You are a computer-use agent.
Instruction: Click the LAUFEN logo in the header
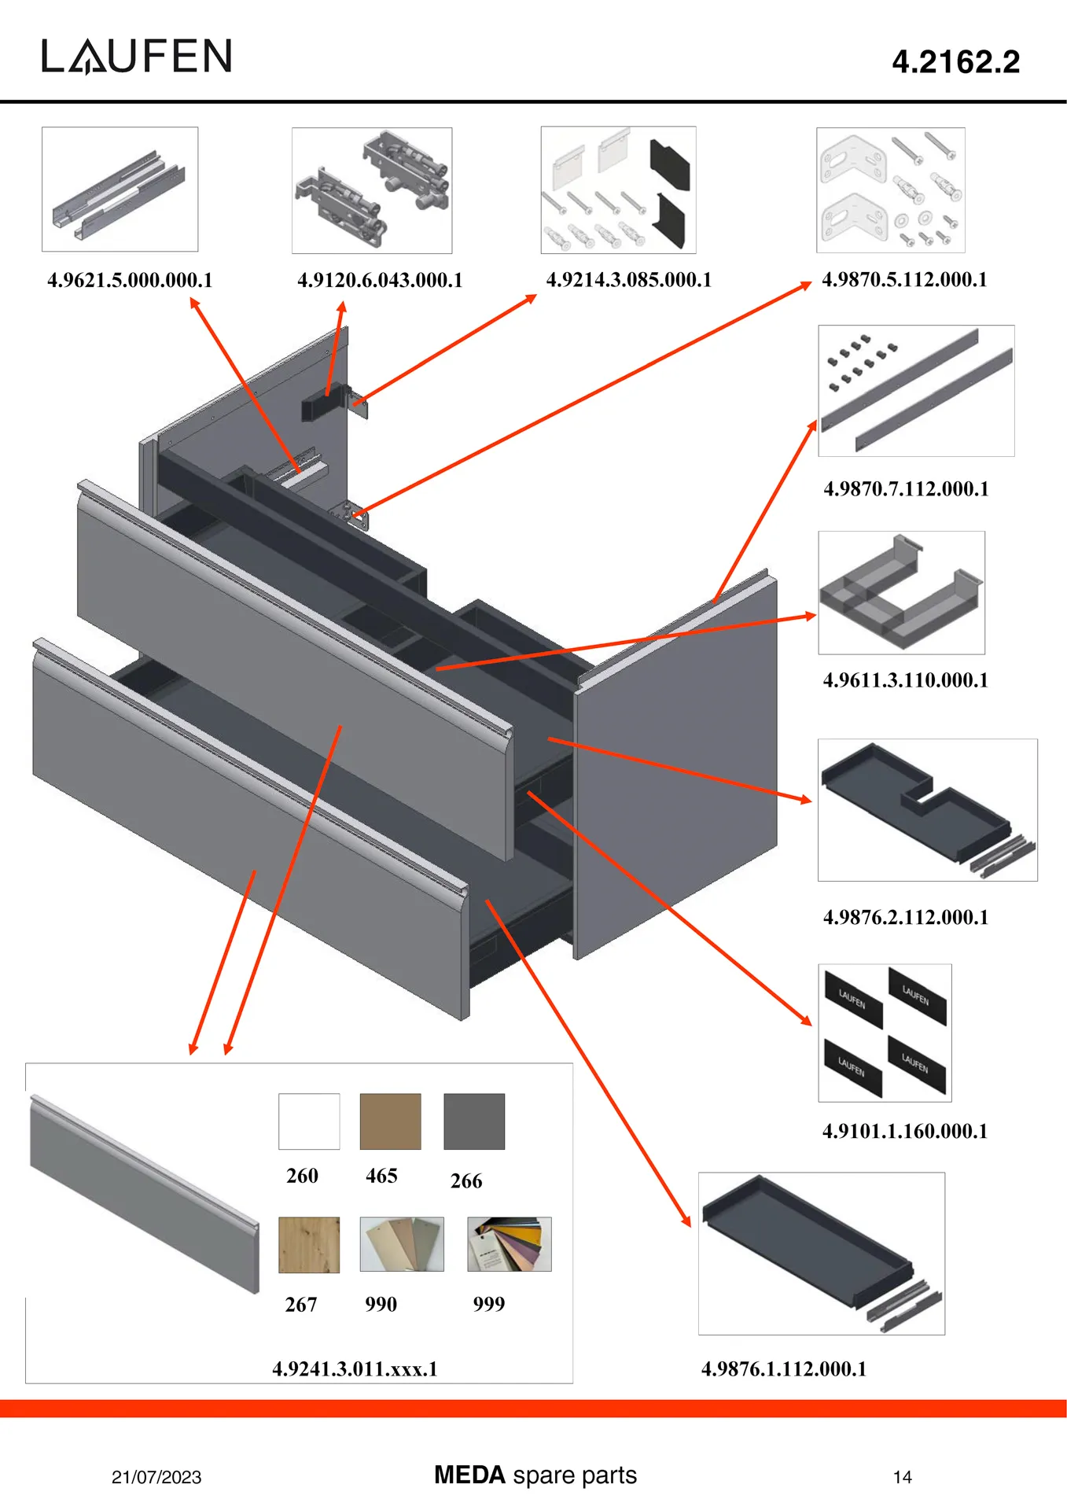[137, 57]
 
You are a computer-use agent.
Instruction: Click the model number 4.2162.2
[955, 62]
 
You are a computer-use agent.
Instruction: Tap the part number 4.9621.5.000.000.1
[130, 280]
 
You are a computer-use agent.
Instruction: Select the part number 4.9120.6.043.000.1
[380, 280]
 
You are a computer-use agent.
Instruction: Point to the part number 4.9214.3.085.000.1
[628, 280]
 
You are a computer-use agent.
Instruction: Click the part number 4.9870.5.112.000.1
[904, 279]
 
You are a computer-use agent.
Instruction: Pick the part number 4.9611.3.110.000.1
[905, 680]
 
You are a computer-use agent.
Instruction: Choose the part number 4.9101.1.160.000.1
[904, 1131]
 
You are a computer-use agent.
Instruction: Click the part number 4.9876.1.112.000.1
[783, 1368]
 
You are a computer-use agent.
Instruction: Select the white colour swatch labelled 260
[309, 1121]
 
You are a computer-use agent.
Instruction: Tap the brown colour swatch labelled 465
[390, 1121]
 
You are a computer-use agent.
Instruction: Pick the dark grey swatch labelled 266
[473, 1121]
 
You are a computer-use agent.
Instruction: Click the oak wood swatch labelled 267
[309, 1244]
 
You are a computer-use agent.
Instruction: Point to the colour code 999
[488, 1304]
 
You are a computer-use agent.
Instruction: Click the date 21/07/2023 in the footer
[156, 1477]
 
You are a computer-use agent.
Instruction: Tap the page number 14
[902, 1477]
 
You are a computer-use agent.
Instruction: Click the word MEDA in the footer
[469, 1475]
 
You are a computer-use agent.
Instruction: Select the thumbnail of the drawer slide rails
[120, 190]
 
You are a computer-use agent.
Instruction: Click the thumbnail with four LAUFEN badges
[885, 1033]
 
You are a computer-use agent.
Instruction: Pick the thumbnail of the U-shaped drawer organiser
[901, 592]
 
